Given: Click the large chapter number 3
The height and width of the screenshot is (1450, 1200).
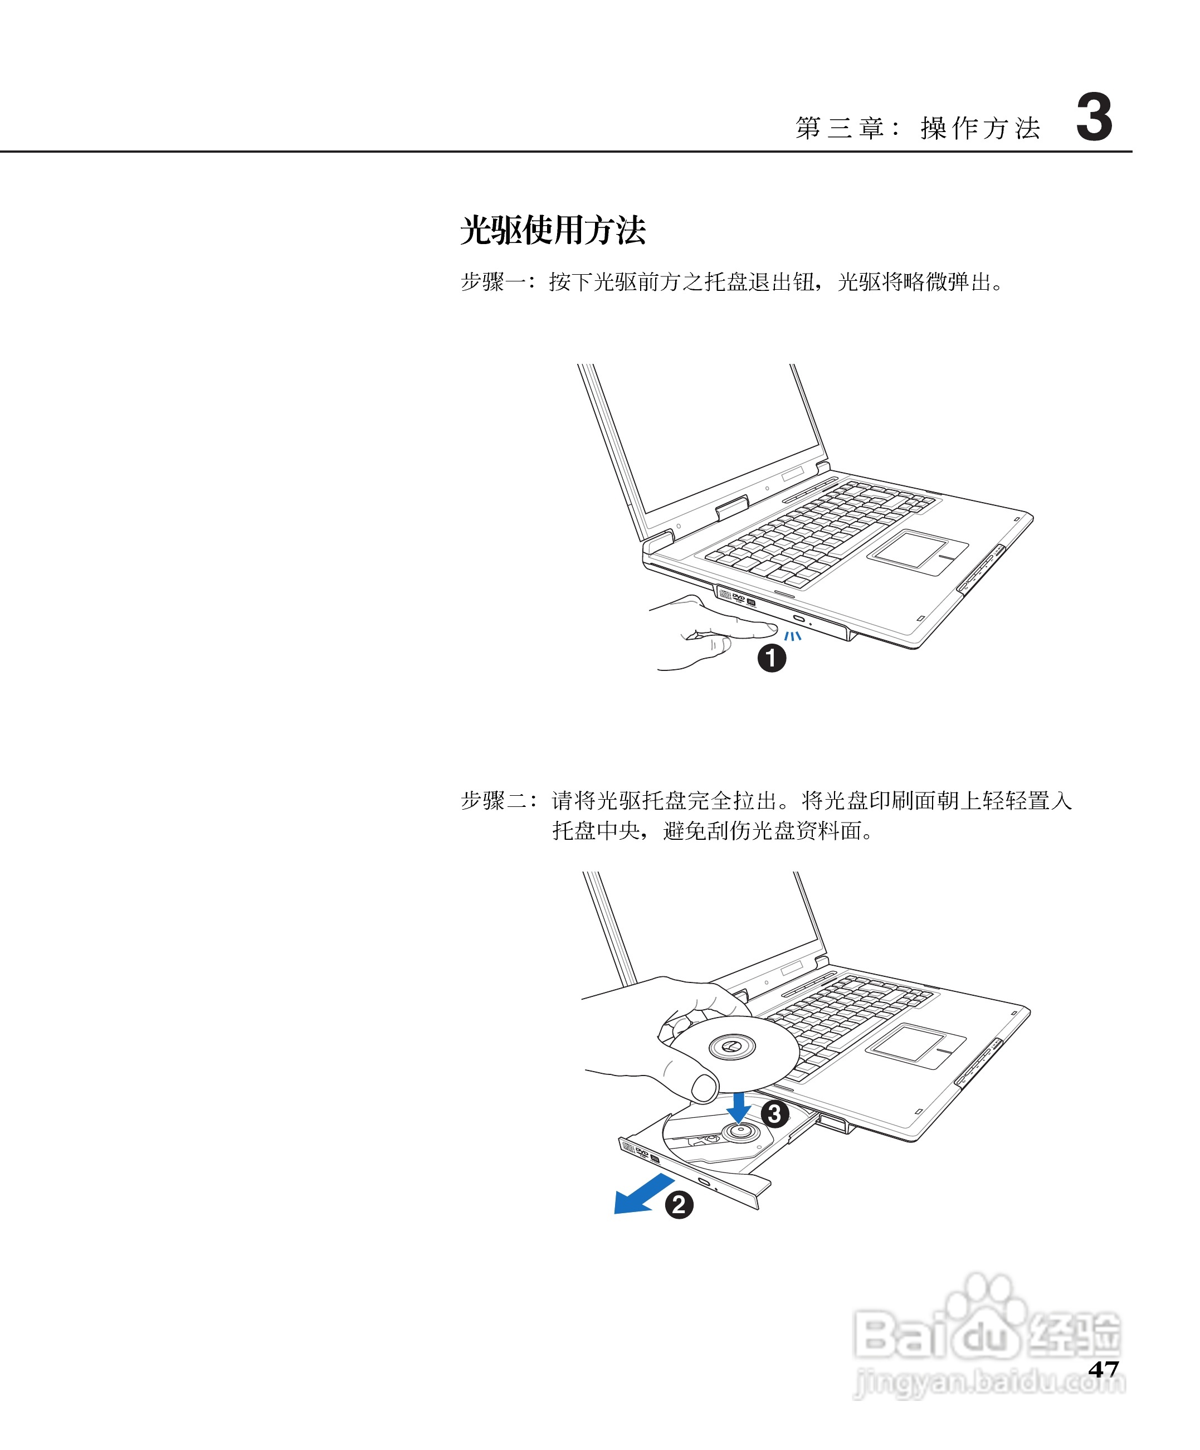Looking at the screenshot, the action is coord(1094,118).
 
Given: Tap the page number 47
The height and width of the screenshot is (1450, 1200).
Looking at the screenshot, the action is coord(1103,1370).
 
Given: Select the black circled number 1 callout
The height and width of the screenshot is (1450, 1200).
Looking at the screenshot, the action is coord(772,658).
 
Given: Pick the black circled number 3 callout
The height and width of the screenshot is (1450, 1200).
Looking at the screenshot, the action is coord(775,1114).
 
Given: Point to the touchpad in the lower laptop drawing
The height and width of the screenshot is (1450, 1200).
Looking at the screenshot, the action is coord(915,1046).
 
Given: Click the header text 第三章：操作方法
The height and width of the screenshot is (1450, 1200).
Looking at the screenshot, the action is coord(918,128).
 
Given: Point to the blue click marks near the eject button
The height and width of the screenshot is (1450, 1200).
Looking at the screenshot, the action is coord(793,635).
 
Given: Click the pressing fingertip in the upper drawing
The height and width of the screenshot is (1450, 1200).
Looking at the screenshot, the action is coord(770,627).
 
